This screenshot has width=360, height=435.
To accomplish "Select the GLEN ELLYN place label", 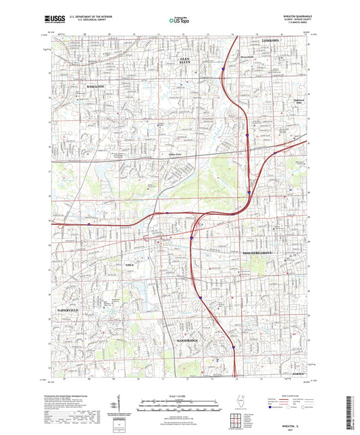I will [184, 61].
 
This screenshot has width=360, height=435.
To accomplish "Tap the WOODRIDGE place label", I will [186, 340].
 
